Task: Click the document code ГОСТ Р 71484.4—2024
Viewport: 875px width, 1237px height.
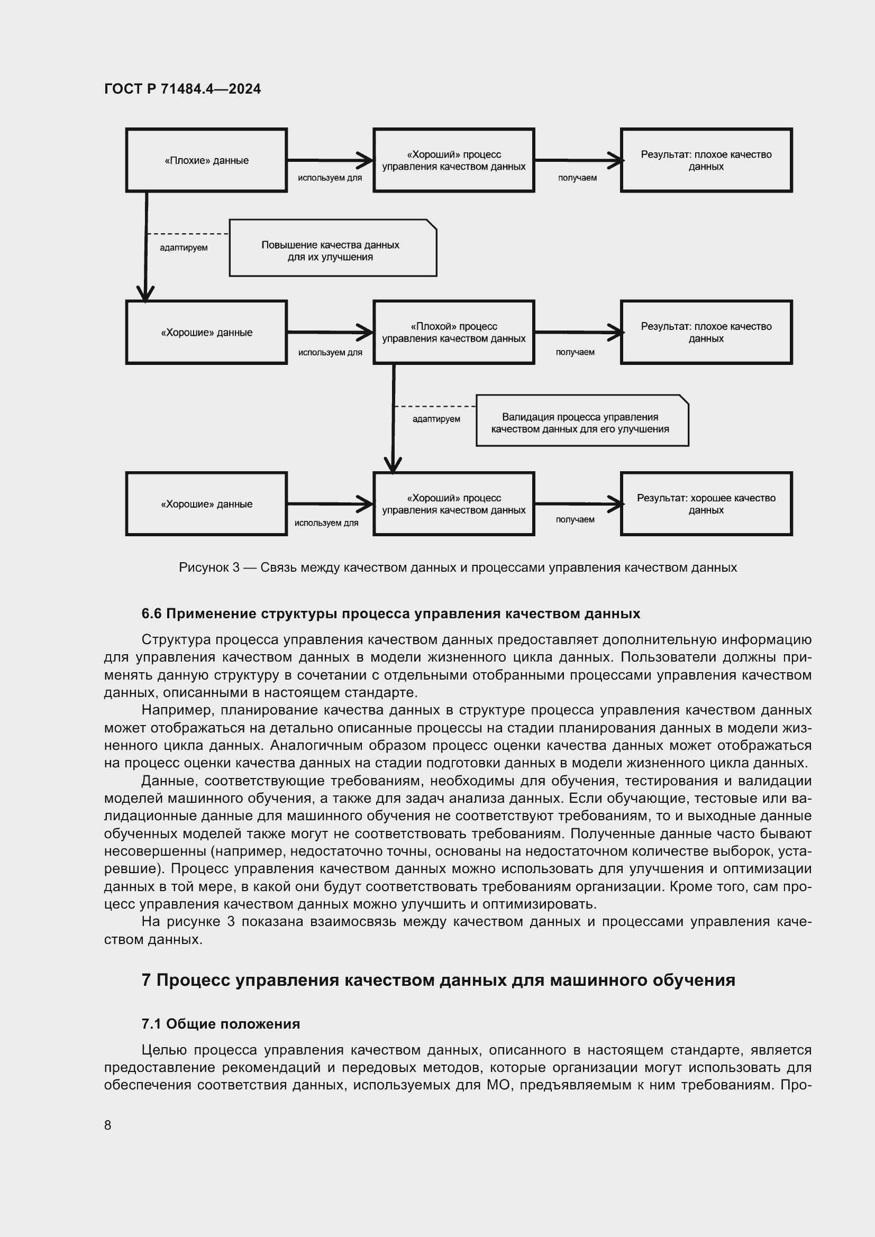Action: tap(182, 89)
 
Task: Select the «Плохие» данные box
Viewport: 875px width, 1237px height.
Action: tap(206, 160)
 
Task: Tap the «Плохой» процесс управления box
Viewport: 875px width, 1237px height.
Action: tap(454, 333)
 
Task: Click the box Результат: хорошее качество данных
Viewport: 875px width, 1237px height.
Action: tap(706, 504)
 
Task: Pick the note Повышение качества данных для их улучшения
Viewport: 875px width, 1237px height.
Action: tap(332, 249)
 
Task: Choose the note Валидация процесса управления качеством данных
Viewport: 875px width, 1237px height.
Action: tap(582, 422)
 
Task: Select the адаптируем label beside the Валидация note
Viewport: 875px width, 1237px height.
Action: tap(436, 419)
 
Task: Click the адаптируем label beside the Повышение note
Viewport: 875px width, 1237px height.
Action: tap(184, 248)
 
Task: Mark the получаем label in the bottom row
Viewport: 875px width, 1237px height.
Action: tap(575, 519)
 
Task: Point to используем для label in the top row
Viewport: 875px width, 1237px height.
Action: tap(330, 178)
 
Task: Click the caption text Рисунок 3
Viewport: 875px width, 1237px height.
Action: tap(209, 567)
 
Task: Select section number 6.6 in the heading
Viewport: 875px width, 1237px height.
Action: tap(151, 613)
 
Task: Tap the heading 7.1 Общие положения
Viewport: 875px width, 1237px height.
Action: tap(221, 1024)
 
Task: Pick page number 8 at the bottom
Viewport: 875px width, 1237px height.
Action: tap(108, 1125)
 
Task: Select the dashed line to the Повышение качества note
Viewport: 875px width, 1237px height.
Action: tap(187, 234)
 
